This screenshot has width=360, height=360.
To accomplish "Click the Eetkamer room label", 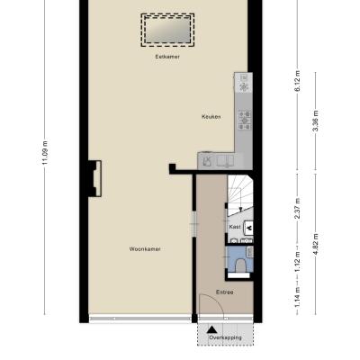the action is (x=167, y=57).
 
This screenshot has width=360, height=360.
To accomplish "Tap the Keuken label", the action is (x=211, y=117).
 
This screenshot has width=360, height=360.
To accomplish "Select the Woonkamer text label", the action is (x=145, y=249).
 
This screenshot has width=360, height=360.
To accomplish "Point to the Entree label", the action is (x=225, y=292).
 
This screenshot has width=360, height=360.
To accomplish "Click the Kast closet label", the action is (x=235, y=227).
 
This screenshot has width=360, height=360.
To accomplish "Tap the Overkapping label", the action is (x=225, y=337).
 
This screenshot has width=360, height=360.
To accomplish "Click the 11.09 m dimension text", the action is (x=45, y=153).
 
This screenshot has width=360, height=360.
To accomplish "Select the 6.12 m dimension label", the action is (x=297, y=81).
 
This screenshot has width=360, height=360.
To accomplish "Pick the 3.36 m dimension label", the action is (x=315, y=121).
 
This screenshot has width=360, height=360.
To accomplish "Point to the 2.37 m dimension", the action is (x=297, y=209).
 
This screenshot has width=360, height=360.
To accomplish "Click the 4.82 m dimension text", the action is (x=315, y=244).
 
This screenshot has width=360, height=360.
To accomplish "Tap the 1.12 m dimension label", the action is (x=297, y=262).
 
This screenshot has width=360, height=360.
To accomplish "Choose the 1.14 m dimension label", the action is (x=297, y=297).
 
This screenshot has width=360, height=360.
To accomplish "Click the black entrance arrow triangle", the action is (x=212, y=329).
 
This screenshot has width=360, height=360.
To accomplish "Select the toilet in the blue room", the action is (x=240, y=265).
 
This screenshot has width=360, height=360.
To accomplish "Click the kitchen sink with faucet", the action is (x=208, y=161).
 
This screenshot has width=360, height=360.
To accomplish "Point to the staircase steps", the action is (x=240, y=195).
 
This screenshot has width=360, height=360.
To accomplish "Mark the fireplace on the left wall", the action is (x=94, y=179).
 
